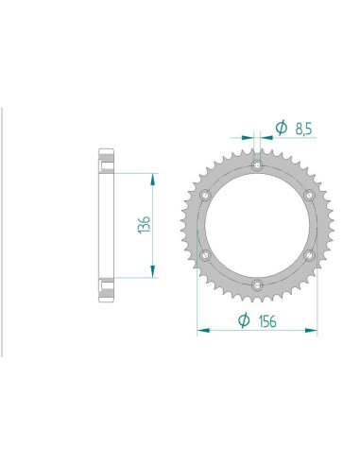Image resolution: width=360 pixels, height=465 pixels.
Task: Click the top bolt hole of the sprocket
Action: coord(257,167)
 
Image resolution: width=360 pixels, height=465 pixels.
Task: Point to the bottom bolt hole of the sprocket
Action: coord(257,283)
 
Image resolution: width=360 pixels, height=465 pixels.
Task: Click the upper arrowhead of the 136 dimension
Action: coord(149,177)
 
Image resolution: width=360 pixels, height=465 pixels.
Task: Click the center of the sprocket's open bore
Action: coord(257,225)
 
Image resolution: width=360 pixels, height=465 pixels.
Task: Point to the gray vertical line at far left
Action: coord(2,227)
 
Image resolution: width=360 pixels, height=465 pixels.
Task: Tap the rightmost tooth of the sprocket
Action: coord(324,225)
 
